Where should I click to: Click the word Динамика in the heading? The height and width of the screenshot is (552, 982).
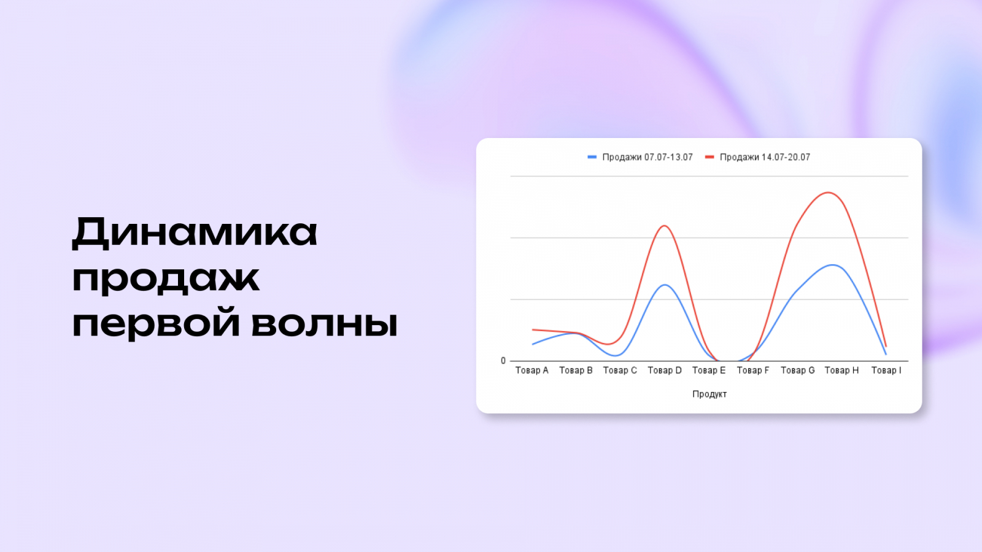(195, 232)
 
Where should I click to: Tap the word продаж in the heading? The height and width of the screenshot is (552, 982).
(166, 279)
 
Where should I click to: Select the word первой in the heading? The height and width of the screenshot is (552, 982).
(156, 323)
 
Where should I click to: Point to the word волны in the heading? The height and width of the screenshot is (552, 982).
(325, 323)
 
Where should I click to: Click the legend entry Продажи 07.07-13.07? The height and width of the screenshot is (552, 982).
(647, 157)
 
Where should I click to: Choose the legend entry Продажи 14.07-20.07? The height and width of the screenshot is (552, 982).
(765, 157)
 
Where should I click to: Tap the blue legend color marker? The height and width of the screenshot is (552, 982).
(592, 157)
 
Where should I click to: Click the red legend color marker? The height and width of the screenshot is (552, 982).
(709, 157)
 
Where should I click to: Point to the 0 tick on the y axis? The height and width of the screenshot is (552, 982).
(503, 361)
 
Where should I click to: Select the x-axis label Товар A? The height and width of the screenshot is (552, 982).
(532, 370)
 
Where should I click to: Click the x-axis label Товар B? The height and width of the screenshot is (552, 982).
(576, 370)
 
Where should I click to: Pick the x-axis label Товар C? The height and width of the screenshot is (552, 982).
(620, 370)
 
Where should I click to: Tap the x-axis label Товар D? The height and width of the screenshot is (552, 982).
(665, 370)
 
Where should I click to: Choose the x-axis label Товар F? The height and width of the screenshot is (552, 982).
(753, 370)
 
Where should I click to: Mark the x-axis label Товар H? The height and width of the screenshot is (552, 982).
(841, 370)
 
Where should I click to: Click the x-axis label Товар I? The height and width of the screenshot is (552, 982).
(886, 370)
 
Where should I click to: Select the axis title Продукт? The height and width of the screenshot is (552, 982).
(709, 394)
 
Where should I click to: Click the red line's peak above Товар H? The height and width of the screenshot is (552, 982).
(829, 193)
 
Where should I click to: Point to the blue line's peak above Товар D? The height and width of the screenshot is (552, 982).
(665, 285)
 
